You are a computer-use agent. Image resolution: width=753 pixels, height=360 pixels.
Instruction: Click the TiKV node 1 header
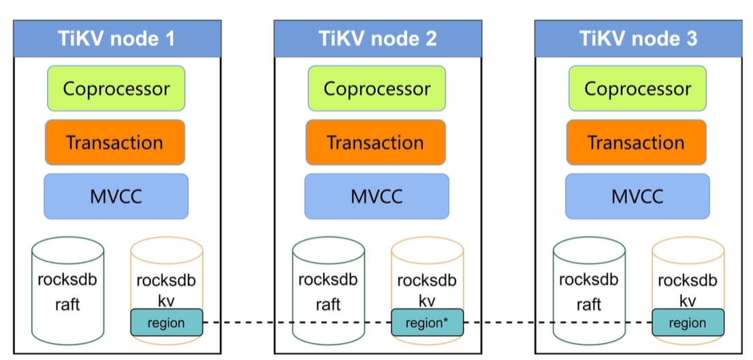117,39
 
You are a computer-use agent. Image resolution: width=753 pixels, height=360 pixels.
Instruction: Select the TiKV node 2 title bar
378,39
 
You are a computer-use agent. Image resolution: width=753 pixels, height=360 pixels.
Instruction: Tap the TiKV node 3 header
638,39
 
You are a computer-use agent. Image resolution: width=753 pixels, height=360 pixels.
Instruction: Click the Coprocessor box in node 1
116,88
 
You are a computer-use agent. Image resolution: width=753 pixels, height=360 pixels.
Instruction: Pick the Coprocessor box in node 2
376,88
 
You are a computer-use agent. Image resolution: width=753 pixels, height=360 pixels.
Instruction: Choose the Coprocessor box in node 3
637,88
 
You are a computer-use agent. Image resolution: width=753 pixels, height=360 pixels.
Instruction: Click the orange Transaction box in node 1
114,142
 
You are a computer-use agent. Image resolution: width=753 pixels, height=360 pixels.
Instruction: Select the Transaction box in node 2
375,142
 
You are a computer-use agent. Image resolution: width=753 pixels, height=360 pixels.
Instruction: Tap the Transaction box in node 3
636,142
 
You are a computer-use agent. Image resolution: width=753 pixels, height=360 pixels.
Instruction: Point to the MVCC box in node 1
116,196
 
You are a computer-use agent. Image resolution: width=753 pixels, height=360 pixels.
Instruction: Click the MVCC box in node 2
376,196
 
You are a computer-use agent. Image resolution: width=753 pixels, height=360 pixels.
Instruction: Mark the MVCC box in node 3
637,196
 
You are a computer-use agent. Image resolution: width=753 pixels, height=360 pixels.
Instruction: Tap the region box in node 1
166,323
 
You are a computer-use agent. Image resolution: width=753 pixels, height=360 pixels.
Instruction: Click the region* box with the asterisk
427,323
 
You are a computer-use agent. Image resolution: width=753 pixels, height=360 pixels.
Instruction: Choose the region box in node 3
688,323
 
